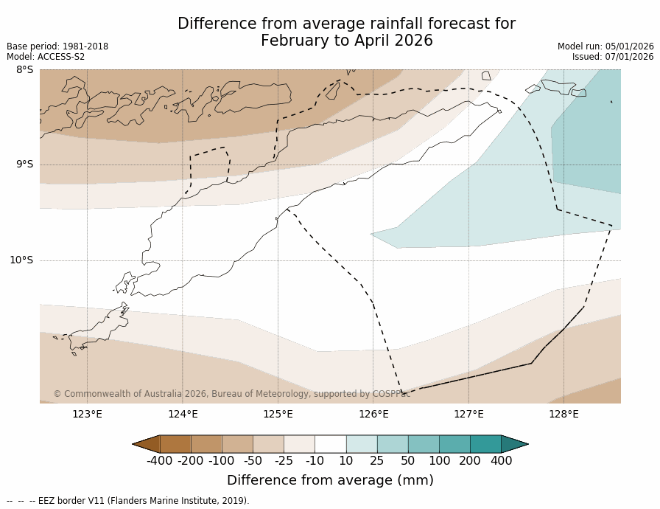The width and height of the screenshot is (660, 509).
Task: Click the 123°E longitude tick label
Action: tap(87, 414)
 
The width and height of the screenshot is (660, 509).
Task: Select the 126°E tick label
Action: tap(373, 414)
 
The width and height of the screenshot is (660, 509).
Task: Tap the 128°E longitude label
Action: tap(564, 414)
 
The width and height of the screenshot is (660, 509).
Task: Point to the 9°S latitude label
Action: tap(24, 165)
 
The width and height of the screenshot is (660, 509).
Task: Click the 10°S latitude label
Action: tap(21, 260)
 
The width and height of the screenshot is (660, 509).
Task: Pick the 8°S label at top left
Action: tap(24, 70)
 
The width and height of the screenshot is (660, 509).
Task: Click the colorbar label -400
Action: tap(159, 461)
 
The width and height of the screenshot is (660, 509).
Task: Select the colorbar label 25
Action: tap(376, 461)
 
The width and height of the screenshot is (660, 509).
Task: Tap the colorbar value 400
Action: tap(501, 461)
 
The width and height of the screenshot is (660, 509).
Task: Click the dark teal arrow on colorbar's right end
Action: tap(514, 444)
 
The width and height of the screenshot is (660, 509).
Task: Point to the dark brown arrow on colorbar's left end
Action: tap(147, 444)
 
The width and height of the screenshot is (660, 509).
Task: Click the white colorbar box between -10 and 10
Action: tap(330, 444)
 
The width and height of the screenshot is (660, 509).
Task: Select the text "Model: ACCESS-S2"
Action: tap(46, 57)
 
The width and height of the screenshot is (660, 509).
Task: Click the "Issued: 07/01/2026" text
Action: tap(613, 57)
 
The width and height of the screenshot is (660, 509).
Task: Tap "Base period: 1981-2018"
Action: tap(57, 46)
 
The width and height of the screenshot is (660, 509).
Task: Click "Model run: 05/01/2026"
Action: tap(605, 46)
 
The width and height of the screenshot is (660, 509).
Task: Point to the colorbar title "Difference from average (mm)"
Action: tap(330, 480)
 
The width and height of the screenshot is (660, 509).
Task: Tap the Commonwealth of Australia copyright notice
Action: tap(232, 394)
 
